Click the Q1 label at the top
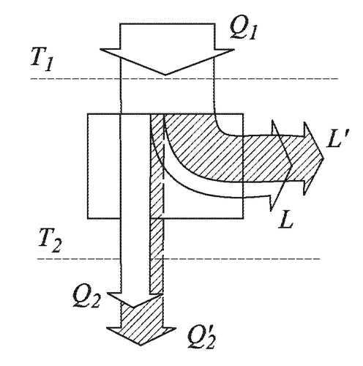[x=243, y=30]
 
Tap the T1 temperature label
[x=42, y=59]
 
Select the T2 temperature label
[x=50, y=240]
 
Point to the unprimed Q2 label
[x=86, y=298]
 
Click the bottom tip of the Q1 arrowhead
[x=165, y=75]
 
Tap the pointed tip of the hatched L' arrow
[x=324, y=159]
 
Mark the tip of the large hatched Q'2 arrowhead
[x=141, y=346]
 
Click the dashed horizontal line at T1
[x=184, y=78]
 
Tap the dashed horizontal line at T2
[x=178, y=258]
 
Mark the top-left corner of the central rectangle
[x=88, y=114]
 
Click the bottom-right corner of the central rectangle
[x=243, y=218]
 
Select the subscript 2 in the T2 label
[x=56, y=245]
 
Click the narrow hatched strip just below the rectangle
[x=156, y=255]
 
